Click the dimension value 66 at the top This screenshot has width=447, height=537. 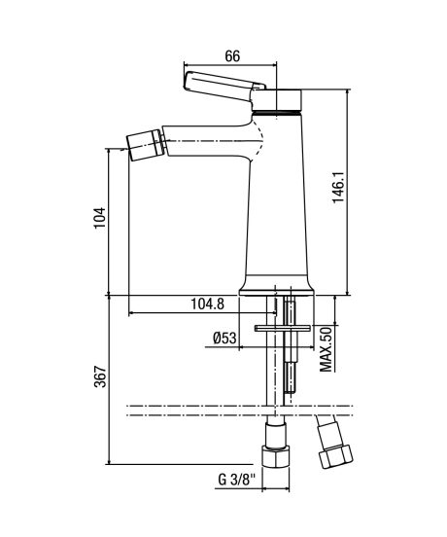(232, 55)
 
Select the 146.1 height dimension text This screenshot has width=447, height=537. (339, 188)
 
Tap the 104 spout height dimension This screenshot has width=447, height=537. (100, 218)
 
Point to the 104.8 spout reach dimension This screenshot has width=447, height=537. (207, 304)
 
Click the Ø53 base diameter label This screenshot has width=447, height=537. (224, 339)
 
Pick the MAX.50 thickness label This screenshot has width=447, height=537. (326, 349)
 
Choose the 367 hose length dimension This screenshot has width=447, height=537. (100, 376)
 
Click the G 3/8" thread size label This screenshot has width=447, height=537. (237, 480)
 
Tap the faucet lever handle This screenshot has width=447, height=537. (224, 86)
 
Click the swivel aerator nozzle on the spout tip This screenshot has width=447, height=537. (145, 145)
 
